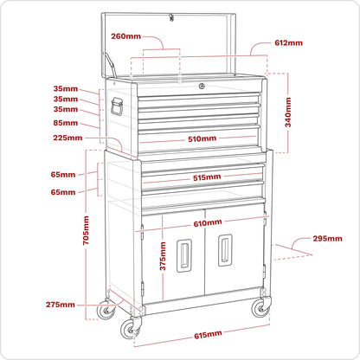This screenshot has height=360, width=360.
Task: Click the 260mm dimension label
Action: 126,36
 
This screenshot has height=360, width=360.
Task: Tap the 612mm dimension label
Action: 288,43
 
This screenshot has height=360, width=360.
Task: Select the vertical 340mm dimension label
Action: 288,112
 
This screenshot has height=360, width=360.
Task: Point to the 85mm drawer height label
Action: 66,123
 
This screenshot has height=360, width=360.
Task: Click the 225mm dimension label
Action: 67,138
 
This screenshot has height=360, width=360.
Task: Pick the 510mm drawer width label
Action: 202,138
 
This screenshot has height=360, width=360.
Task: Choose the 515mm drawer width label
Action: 207,177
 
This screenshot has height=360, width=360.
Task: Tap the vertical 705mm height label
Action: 86,230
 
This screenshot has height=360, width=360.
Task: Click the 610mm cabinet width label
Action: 208,223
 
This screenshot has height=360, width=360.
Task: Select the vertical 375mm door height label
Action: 163,256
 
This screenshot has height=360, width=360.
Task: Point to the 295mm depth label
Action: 327,239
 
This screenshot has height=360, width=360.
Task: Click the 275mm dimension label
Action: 61,305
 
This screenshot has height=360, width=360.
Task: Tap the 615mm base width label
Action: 208,335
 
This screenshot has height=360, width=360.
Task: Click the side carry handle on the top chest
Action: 116,106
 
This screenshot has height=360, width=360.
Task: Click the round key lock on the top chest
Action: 202,86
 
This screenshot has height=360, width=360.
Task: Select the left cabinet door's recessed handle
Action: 184,255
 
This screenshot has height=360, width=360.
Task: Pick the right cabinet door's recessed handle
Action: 225,250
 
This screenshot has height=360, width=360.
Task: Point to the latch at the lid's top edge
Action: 171,17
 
